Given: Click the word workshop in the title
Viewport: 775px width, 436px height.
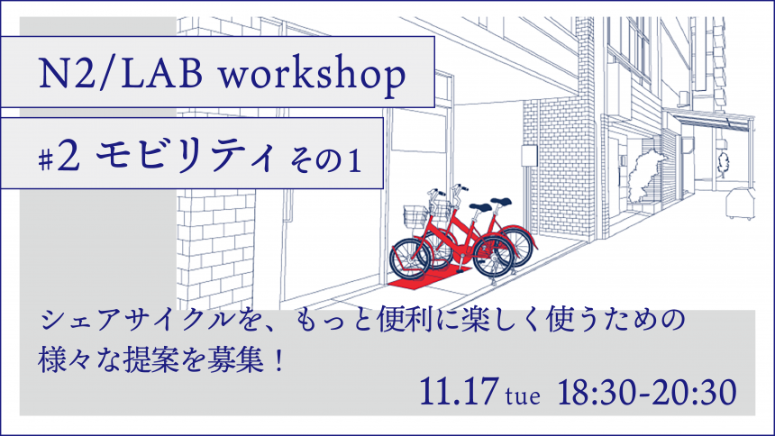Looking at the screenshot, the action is [313, 75].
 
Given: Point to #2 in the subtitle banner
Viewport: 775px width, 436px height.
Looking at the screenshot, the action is [59, 158].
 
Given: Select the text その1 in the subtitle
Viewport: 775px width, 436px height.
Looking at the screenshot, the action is [325, 160].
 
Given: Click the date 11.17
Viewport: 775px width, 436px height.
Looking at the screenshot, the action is [458, 392].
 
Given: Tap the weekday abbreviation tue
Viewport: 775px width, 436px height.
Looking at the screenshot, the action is [523, 396].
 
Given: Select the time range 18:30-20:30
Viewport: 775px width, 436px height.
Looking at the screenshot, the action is [647, 393].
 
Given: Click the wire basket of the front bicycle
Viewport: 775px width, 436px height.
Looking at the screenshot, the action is [416, 216].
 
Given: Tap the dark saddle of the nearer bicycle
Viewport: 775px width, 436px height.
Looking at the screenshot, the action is [480, 207].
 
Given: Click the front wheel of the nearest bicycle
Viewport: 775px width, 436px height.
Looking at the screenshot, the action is [410, 259].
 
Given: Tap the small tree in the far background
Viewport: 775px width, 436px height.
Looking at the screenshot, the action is [723, 164].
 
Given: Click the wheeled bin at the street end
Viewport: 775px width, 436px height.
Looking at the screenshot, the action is [740, 204].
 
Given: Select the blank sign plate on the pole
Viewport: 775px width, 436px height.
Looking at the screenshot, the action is [529, 155].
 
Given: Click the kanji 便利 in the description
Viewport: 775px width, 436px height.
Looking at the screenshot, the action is [400, 320].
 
